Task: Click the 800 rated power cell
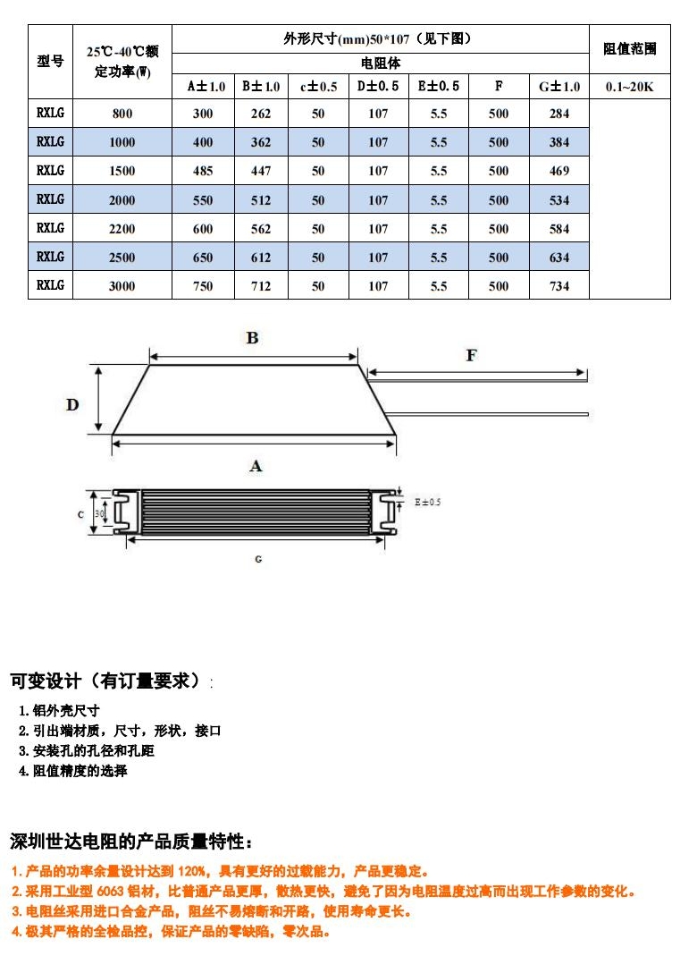(x=122, y=114)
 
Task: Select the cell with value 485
(x=203, y=171)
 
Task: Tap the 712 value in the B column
(x=261, y=285)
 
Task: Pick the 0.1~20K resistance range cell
(x=629, y=87)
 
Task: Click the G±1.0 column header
(x=559, y=87)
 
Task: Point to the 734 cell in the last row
(x=559, y=285)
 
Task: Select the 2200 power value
(x=122, y=229)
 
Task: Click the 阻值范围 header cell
(x=629, y=49)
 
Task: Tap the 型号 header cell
(x=50, y=61)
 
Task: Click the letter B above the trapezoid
(x=252, y=338)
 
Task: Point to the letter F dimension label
(x=471, y=355)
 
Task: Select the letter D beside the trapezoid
(x=72, y=405)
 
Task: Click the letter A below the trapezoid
(x=256, y=467)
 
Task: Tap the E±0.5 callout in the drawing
(x=427, y=503)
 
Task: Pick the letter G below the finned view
(x=258, y=559)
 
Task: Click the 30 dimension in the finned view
(x=99, y=514)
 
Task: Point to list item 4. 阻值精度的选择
(x=73, y=771)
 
